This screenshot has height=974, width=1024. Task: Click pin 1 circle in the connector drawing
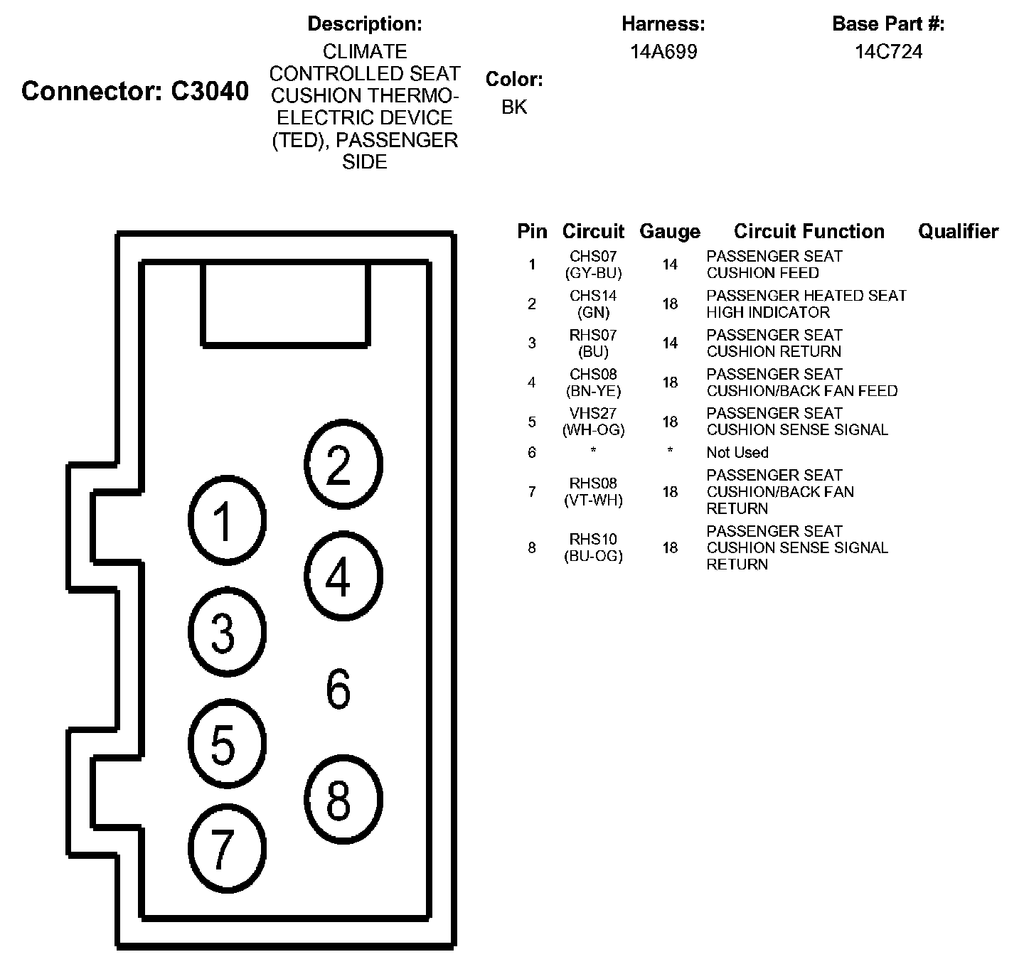coord(227,520)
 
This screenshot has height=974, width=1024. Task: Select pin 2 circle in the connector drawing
coord(343,465)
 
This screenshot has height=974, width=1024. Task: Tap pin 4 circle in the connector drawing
coord(343,576)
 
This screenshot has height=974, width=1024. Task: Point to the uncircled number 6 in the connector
coord(338,688)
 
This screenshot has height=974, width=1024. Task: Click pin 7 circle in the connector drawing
coord(227,847)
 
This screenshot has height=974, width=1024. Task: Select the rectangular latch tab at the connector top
coord(286,304)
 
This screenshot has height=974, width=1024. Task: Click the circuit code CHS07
coord(593,256)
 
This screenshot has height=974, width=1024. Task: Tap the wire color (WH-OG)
coord(593,430)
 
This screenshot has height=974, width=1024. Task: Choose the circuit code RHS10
coord(593,540)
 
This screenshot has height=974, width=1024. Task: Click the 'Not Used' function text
coord(737,453)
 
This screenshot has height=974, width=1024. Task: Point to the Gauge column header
coord(670,232)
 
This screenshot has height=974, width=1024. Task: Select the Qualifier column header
coord(958,232)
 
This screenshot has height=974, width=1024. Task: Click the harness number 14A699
coord(663,52)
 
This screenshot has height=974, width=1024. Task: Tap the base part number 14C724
coord(888,52)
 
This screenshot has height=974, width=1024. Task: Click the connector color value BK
coord(514,107)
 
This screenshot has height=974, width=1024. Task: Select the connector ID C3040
coord(210,91)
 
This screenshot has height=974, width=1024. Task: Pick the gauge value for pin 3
coord(670,343)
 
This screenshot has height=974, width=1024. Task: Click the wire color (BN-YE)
coord(593,391)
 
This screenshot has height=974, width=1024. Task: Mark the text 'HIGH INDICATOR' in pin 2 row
coord(768,312)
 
